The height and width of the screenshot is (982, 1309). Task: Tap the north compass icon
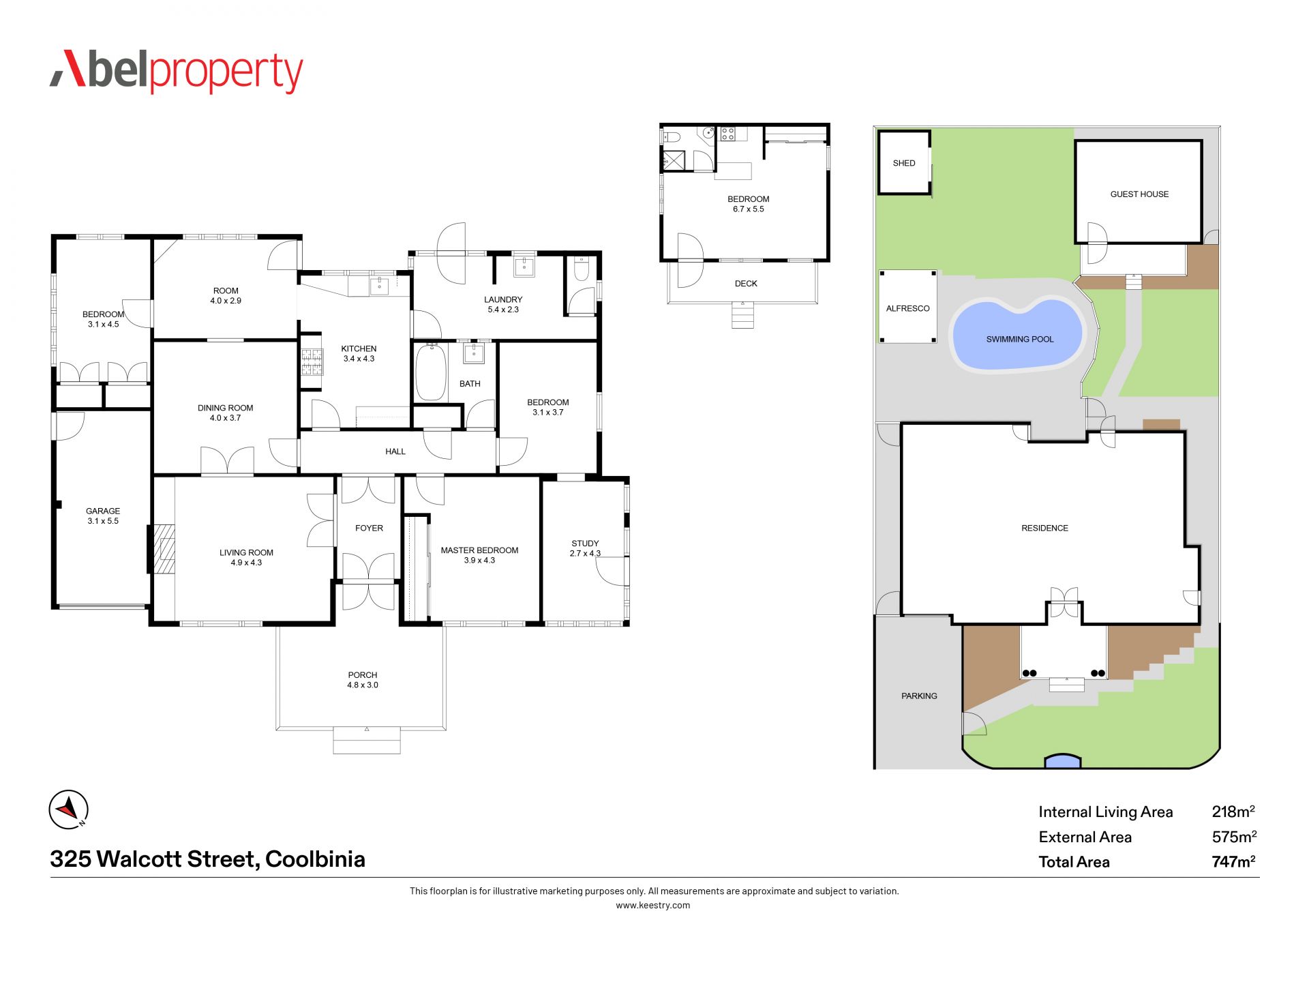69,809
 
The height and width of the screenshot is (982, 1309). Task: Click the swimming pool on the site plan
1017,334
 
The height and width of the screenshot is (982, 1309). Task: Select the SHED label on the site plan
904,163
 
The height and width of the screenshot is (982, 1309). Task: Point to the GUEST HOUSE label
1139,194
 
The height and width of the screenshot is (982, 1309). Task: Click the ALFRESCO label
907,308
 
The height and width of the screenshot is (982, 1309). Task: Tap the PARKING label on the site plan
919,696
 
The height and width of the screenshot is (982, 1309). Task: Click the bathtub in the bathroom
431,372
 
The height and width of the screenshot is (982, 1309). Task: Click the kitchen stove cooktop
312,362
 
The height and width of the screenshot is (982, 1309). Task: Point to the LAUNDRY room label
503,299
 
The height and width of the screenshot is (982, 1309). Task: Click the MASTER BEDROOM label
479,550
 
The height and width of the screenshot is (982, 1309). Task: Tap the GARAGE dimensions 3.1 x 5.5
103,521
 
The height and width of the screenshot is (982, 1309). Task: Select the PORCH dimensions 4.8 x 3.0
363,685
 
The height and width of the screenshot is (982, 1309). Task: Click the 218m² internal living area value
1234,811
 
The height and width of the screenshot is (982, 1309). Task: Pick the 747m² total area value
1234,861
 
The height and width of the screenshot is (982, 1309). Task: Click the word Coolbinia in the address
315,859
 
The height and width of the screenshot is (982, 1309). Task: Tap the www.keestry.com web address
653,906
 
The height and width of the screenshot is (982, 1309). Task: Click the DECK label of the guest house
746,284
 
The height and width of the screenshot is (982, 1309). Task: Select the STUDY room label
585,544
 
